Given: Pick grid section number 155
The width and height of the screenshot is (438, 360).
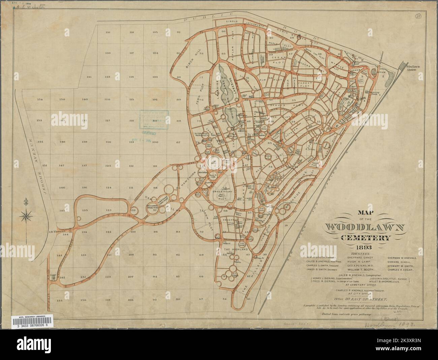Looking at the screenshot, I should point(61,300).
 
